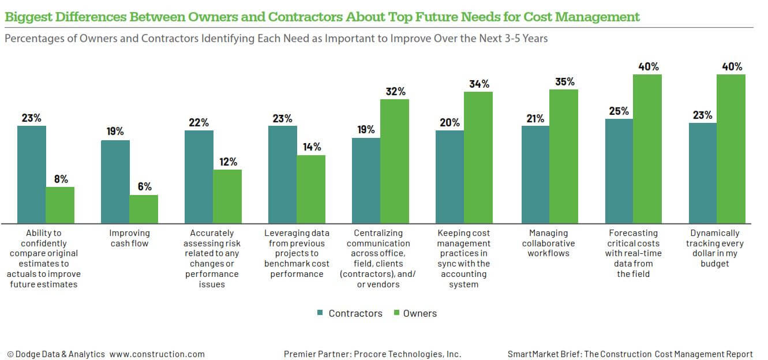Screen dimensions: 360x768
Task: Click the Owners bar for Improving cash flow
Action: [143, 209]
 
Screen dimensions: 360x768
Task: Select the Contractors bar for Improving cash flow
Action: [115, 181]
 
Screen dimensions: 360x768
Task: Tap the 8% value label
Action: [60, 179]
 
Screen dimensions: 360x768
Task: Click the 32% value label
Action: [395, 91]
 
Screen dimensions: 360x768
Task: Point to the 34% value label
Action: [478, 84]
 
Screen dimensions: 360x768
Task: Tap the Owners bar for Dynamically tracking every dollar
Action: [731, 148]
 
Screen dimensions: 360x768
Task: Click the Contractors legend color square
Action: [320, 313]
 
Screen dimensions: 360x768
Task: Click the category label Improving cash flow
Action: [129, 238]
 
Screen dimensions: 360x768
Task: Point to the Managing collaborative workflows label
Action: [548, 243]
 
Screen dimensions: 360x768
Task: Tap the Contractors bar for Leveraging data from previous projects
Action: [282, 174]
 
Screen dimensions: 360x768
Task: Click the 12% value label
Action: [227, 162]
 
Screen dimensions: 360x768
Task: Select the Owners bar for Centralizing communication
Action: [395, 161]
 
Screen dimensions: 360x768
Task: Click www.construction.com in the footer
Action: [157, 354]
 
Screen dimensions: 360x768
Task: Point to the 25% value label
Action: [619, 111]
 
